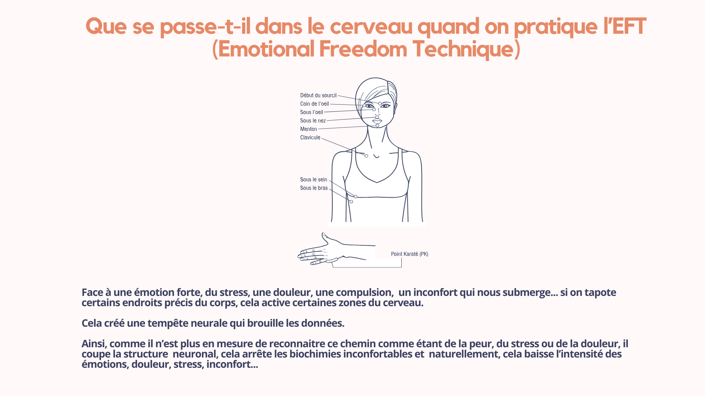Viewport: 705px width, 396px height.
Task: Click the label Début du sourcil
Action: pyautogui.click(x=318, y=95)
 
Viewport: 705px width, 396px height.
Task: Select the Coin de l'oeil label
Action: pyautogui.click(x=314, y=104)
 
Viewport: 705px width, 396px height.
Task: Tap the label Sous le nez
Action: pyautogui.click(x=313, y=121)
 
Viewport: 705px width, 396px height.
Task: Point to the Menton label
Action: pyautogui.click(x=308, y=129)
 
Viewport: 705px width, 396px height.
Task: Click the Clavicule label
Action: pyautogui.click(x=310, y=137)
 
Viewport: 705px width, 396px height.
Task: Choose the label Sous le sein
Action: pyautogui.click(x=314, y=180)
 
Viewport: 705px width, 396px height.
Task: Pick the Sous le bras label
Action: pyautogui.click(x=314, y=188)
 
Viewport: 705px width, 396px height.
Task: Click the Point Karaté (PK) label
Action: pyautogui.click(x=409, y=254)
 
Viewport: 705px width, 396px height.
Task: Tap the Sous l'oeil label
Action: pyautogui.click(x=311, y=112)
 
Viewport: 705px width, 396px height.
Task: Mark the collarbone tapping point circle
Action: pyautogui.click(x=366, y=156)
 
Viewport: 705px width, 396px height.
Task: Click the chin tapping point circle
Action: pyautogui.click(x=377, y=125)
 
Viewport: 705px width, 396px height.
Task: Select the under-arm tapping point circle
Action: pyautogui.click(x=351, y=202)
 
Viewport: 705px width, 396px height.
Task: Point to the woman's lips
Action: pyautogui.click(x=377, y=121)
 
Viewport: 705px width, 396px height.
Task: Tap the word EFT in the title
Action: pyautogui.click(x=629, y=26)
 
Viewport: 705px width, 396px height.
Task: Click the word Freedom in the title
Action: pyautogui.click(x=363, y=49)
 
